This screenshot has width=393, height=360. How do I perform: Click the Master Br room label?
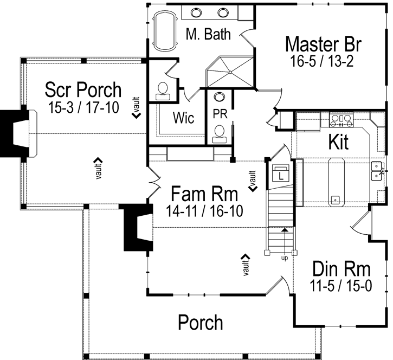point(323,43)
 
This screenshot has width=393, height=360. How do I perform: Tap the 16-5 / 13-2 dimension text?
point(322,61)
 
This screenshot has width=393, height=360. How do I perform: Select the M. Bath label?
point(208,34)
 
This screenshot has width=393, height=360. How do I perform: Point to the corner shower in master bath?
point(230,71)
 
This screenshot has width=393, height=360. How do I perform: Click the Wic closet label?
point(184,118)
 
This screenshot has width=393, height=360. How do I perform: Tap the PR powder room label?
point(219,115)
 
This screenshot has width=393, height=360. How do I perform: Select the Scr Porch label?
point(83,88)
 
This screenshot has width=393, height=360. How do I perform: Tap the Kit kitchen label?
point(338,143)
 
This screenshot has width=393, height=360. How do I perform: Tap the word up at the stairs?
point(284,258)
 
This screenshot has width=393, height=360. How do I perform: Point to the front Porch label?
point(200,323)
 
